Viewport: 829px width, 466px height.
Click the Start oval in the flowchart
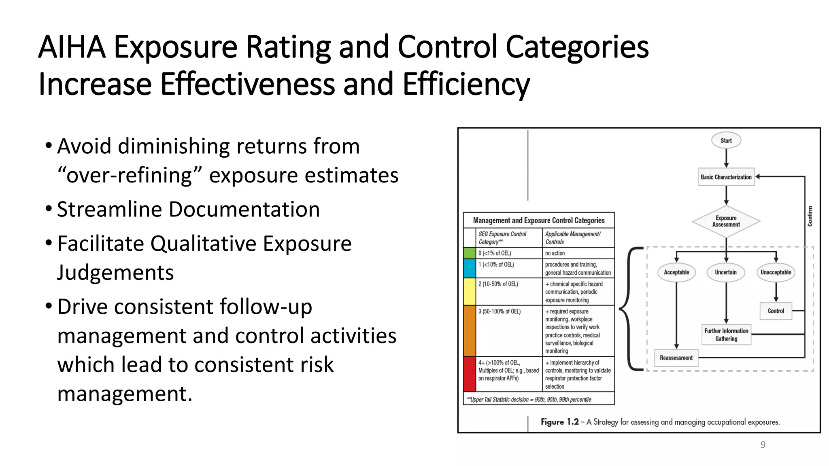(x=726, y=140)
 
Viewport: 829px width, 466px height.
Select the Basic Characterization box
(x=726, y=177)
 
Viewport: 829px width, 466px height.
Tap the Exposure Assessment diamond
(x=726, y=221)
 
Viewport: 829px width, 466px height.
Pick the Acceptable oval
(x=676, y=272)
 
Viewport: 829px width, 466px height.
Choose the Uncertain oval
(x=726, y=272)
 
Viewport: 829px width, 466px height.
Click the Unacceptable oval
(x=776, y=272)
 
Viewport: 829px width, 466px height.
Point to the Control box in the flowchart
(x=776, y=311)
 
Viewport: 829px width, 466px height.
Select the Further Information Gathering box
(x=726, y=335)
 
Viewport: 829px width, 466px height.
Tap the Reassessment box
(x=676, y=358)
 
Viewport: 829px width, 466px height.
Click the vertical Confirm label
(x=810, y=216)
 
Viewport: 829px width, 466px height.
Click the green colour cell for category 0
(x=470, y=253)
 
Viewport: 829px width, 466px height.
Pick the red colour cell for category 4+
(x=470, y=374)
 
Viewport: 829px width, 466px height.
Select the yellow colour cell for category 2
(x=470, y=292)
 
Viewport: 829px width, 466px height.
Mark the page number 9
(x=763, y=445)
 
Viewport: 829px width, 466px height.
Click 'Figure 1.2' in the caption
(x=559, y=422)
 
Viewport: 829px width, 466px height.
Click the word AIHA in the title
(x=72, y=47)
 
